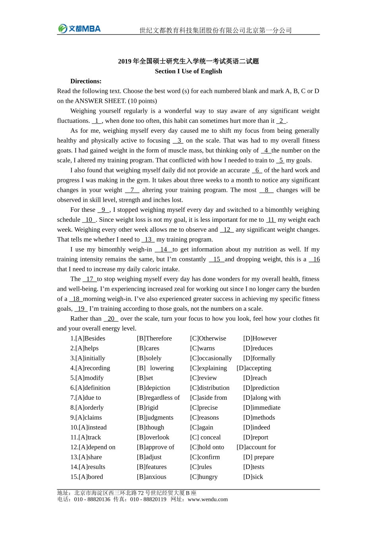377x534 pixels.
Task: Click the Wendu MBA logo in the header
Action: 79,29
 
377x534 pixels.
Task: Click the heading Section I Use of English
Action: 188,71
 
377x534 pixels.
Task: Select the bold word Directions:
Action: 86,81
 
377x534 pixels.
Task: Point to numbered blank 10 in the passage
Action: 89,220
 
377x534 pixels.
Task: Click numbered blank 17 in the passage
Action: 90,279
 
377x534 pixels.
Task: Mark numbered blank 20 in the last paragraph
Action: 111,319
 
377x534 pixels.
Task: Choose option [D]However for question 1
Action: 260,339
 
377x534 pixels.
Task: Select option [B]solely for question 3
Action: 149,358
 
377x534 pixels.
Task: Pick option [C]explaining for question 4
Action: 208,368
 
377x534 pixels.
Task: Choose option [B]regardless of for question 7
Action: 158,398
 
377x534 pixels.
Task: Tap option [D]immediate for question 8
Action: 262,408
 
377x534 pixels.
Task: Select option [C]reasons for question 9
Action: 204,418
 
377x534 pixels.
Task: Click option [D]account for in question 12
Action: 256,447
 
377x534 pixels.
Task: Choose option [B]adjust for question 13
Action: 149,457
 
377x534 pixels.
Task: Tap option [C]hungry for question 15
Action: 204,477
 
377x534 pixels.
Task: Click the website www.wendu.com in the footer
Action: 208,499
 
